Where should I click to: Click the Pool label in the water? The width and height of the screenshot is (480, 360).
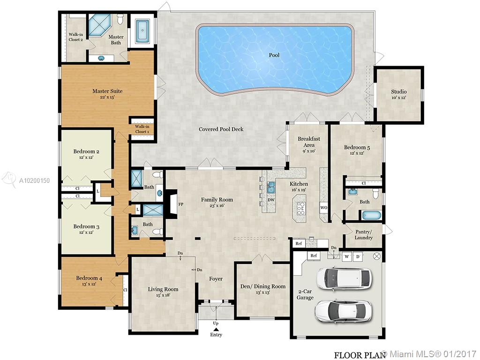pos(274,55)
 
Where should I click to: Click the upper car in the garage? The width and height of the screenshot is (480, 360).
pos(341,278)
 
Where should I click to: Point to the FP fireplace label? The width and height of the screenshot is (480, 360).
pos(181,204)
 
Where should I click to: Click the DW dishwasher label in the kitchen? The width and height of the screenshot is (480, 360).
pos(271,200)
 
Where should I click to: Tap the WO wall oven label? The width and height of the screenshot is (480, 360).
pos(323,207)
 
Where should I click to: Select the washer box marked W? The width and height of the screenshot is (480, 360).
pos(346,256)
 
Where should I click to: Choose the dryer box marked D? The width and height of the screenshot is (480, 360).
pos(358,256)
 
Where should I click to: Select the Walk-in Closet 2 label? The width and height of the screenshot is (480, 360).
pos(75,37)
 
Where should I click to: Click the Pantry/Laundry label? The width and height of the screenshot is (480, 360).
pos(363,235)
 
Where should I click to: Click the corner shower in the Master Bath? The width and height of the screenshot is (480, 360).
pos(98,24)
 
